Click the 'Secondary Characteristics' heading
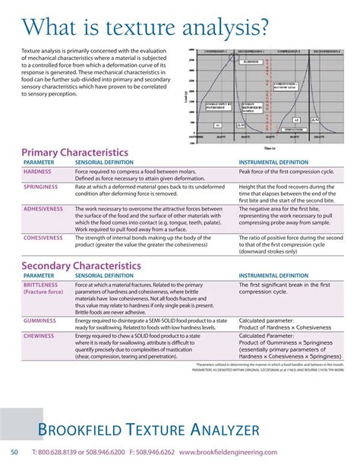81,266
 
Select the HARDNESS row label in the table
37,172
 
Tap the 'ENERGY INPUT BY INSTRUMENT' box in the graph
220,107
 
